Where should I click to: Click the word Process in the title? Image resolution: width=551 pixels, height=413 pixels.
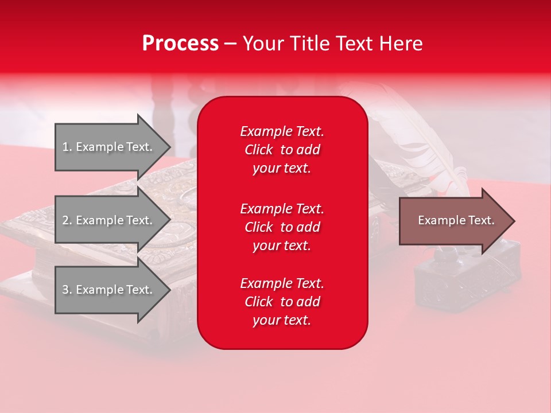tap(180, 44)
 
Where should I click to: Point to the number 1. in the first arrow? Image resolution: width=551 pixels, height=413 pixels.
tap(67, 147)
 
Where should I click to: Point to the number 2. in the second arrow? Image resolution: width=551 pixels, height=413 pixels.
tap(67, 220)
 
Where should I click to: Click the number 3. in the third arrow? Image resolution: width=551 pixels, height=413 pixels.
tap(67, 290)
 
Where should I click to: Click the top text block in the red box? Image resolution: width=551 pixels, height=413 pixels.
tap(282, 150)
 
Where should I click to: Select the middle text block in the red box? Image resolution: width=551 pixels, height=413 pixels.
tap(282, 227)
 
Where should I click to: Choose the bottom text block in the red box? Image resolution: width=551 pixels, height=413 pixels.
tap(282, 302)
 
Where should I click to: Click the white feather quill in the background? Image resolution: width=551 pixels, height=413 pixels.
tap(425, 143)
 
